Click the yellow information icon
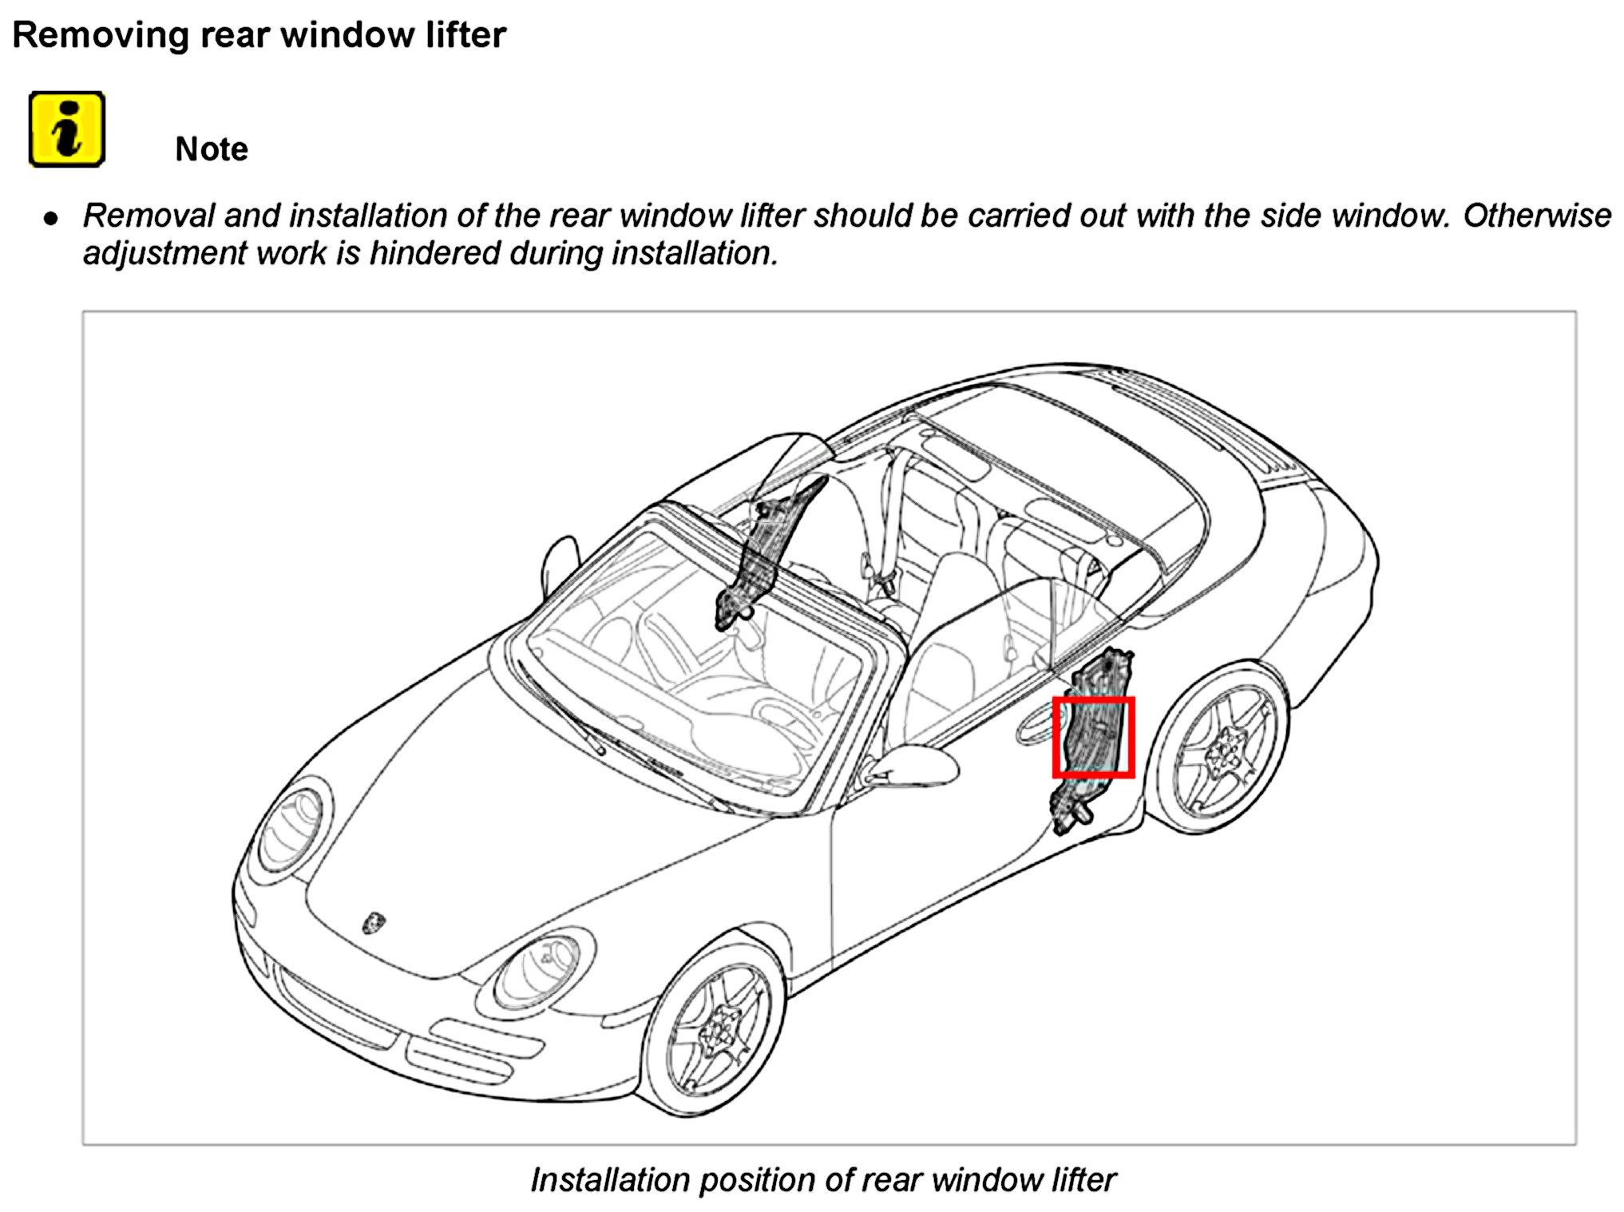67,129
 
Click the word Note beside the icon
212,149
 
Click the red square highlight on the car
1093,737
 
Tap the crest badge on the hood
374,922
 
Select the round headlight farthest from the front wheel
292,826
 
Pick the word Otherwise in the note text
1537,216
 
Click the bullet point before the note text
51,218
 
